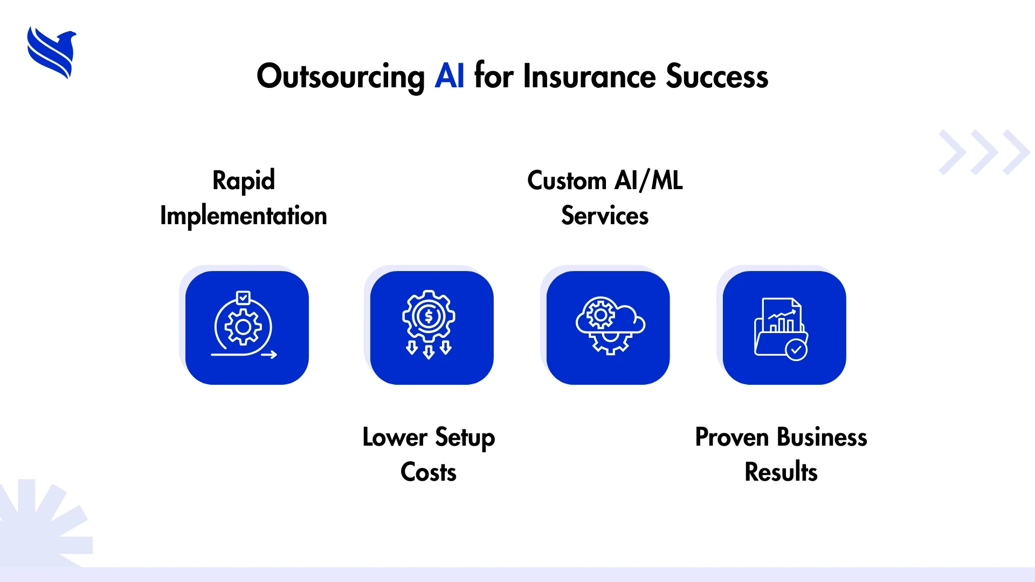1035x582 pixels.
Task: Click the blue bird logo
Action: point(52,53)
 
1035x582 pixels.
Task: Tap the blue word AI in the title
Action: point(450,76)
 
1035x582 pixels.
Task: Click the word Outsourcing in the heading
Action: point(341,77)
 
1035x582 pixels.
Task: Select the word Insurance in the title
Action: point(589,76)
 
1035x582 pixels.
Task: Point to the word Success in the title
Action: point(717,76)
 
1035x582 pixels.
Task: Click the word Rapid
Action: point(244,181)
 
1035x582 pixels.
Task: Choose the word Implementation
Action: point(244,216)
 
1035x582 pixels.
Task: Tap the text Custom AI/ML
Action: point(605,180)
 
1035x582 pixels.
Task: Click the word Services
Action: point(605,216)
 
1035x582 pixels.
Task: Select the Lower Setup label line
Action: point(429,438)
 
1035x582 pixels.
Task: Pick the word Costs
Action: point(429,472)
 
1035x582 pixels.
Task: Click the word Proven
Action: point(732,437)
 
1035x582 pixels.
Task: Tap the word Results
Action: point(781,472)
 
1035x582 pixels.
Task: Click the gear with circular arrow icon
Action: point(244,325)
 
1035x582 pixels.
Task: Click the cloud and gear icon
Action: point(610,325)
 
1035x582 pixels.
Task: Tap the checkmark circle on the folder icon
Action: point(796,350)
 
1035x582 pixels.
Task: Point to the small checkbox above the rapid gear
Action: point(244,297)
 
